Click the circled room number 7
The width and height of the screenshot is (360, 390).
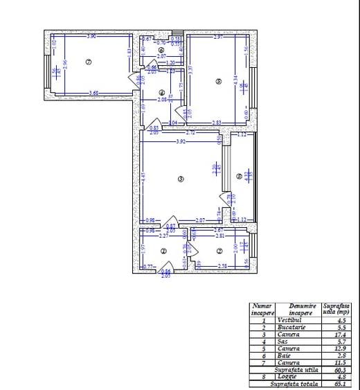click(x=89, y=62)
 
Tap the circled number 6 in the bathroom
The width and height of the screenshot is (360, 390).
click(x=161, y=51)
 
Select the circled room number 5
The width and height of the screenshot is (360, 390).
click(x=219, y=81)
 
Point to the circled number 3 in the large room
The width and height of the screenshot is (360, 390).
click(x=181, y=179)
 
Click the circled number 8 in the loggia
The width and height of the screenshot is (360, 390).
click(x=239, y=177)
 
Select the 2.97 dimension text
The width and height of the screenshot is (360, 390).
click(x=218, y=36)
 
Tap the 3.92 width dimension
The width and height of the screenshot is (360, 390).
click(x=181, y=142)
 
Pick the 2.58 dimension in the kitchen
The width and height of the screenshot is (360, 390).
click(x=224, y=265)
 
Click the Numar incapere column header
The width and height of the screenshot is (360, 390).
click(x=262, y=309)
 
